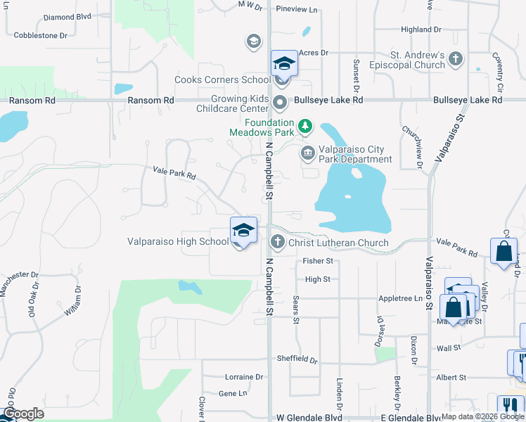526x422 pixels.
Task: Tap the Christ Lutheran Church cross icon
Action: [x=278, y=242]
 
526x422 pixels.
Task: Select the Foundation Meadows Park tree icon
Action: [x=305, y=127]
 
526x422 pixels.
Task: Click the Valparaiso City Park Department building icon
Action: [x=308, y=153]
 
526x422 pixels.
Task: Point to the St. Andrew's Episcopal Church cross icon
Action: [x=456, y=58]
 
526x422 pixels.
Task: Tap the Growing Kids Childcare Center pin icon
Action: [x=280, y=103]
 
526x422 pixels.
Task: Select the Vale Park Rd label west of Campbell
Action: [x=174, y=173]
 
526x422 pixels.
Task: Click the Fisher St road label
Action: [x=317, y=261]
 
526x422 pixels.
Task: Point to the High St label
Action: [x=318, y=279]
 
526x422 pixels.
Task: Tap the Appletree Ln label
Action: [x=405, y=298]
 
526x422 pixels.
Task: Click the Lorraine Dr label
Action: [x=245, y=377]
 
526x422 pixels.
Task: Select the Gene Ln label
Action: [x=233, y=393]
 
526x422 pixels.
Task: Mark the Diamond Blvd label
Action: [x=68, y=17]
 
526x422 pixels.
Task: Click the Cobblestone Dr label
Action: [x=41, y=34]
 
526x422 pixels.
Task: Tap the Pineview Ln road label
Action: [x=297, y=10]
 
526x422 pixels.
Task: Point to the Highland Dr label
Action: [x=421, y=30]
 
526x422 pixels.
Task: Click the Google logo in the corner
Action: [x=24, y=414]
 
